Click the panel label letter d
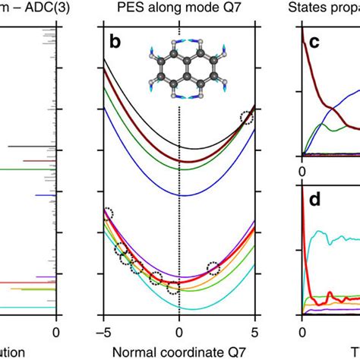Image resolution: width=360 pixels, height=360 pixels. (x=312, y=200)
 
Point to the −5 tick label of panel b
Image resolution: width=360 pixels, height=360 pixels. (x=100, y=331)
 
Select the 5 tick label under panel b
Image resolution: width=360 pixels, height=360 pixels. (x=254, y=331)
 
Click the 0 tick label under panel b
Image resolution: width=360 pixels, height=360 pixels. (x=178, y=331)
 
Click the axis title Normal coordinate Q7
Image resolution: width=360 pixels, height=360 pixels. (x=178, y=352)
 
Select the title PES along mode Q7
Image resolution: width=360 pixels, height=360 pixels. (x=178, y=8)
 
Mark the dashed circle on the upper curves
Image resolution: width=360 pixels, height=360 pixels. (x=245, y=118)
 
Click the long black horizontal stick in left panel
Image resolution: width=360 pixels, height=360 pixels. (x=30, y=146)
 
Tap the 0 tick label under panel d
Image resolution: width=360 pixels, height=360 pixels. (x=302, y=331)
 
